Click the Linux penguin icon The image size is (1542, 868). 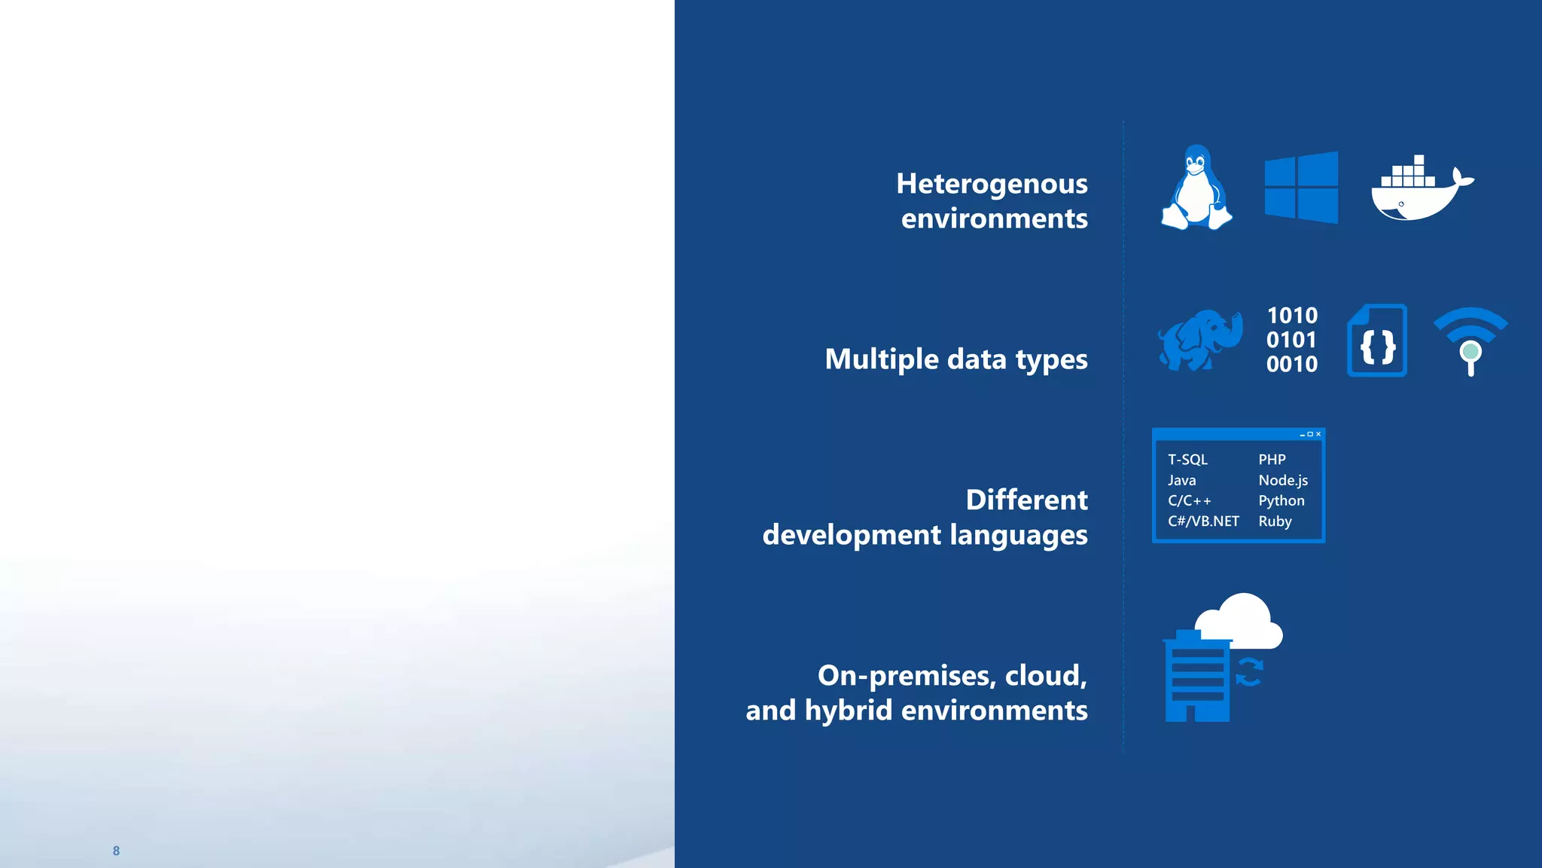point(1196,188)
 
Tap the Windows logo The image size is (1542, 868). point(1301,188)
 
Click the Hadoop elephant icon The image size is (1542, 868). point(1199,341)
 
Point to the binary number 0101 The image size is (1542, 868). point(1291,340)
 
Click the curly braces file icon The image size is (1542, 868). point(1377,341)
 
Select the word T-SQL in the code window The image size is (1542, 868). point(1187,460)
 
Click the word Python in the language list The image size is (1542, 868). point(1281,501)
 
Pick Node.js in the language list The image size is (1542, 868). point(1282,481)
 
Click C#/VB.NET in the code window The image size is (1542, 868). point(1202,521)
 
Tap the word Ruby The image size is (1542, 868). point(1275,521)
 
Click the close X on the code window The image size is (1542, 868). point(1318,435)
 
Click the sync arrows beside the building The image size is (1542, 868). point(1249,672)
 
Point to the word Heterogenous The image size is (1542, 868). point(992,184)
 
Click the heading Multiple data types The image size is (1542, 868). point(955,359)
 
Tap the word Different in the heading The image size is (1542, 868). point(1026,500)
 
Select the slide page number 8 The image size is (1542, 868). point(116,851)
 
